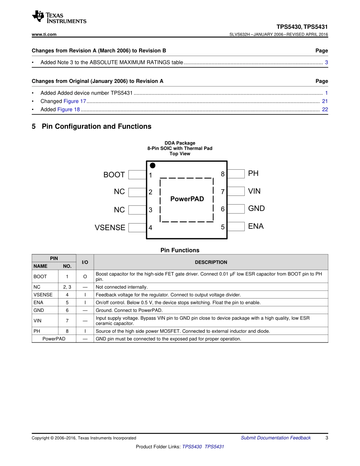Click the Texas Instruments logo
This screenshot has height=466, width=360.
59,17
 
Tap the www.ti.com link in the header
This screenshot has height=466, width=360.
44,34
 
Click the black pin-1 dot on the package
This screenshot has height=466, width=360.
153,166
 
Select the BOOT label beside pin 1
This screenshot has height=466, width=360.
114,175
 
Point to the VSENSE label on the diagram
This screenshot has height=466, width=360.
110,228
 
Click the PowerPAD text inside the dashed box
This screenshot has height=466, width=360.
187,199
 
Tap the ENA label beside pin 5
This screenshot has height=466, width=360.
256,226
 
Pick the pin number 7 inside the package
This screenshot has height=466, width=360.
223,192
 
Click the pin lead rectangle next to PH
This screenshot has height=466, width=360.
236,174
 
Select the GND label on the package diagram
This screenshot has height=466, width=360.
257,208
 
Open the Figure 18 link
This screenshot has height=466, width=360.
69,109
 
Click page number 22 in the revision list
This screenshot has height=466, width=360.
325,109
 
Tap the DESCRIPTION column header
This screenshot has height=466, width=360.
211,262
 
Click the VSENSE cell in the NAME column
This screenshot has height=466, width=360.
43,295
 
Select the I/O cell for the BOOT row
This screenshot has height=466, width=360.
85,277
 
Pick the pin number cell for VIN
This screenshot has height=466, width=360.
67,321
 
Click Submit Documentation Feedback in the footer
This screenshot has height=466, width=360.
275,438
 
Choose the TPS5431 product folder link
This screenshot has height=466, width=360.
214,447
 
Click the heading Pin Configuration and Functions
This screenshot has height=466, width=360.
96,127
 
